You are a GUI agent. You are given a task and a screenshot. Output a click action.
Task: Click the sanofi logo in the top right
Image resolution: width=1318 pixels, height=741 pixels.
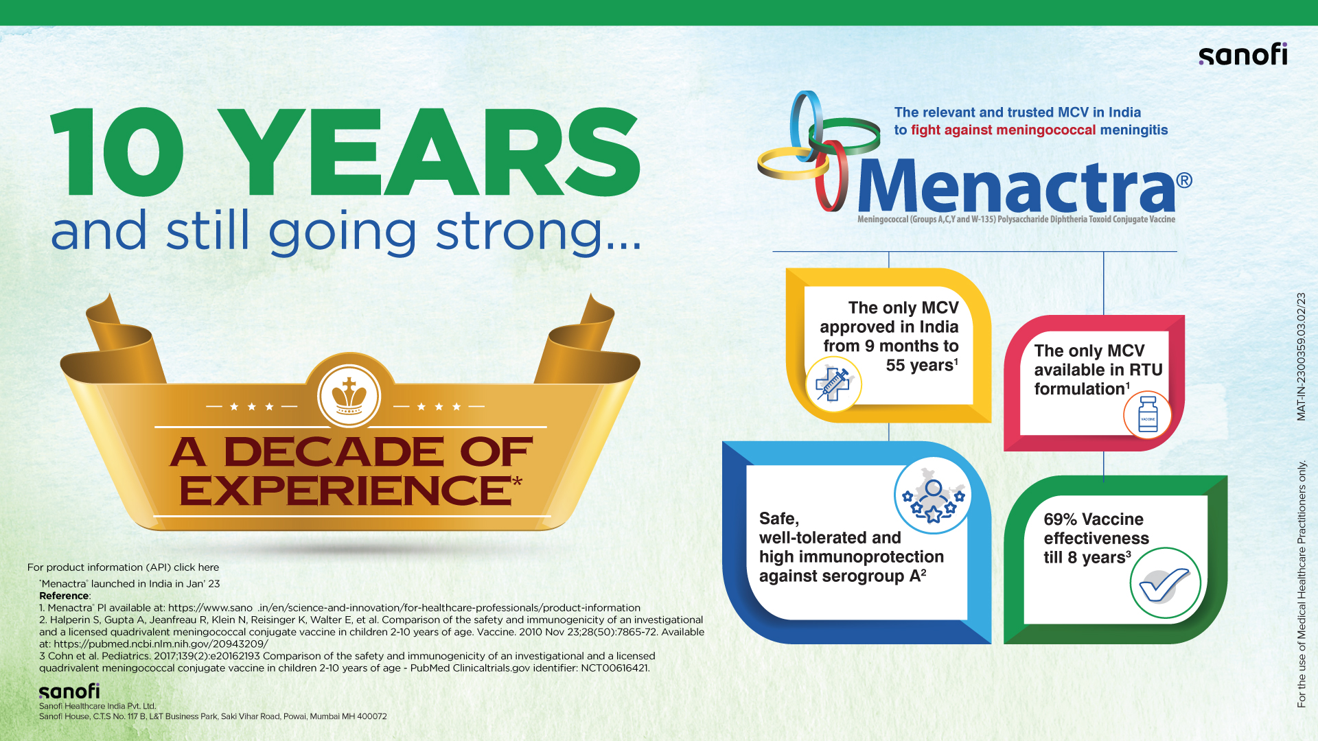(x=1243, y=54)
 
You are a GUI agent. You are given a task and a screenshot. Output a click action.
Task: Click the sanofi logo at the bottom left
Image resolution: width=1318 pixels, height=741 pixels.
(x=69, y=691)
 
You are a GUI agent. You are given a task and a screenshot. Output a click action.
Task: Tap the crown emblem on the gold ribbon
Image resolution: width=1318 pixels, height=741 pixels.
(x=349, y=397)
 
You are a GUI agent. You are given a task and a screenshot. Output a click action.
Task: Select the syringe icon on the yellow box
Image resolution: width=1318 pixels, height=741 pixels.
(x=833, y=384)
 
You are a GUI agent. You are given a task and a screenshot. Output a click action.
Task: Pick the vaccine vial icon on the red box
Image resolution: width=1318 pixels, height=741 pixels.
(x=1148, y=414)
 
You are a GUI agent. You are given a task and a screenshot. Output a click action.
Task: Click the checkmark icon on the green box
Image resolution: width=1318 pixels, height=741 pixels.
(x=1165, y=583)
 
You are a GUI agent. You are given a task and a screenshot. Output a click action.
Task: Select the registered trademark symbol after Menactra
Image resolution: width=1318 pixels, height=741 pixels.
(x=1184, y=180)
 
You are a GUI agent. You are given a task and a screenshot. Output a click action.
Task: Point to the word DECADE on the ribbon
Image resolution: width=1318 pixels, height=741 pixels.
(x=334, y=452)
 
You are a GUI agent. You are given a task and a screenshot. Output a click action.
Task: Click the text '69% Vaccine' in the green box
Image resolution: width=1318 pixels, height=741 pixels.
(x=1094, y=519)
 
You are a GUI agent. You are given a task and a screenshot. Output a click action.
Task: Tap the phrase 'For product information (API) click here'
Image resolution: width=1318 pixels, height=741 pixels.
(x=124, y=567)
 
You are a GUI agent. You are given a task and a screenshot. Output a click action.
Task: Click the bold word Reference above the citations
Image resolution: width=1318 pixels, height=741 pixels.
(x=65, y=596)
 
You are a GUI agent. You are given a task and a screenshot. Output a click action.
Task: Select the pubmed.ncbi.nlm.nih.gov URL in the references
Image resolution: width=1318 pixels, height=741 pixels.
(x=161, y=644)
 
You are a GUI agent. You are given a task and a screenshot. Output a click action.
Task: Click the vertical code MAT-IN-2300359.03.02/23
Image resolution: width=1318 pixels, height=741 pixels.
(x=1302, y=357)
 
